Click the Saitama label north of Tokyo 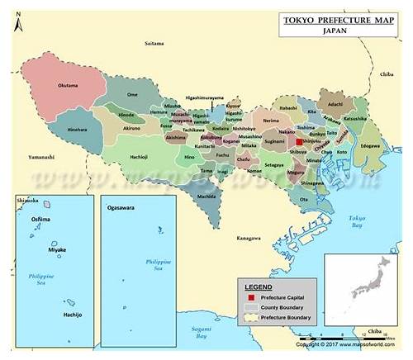tap(154, 42)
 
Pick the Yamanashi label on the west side tap(40, 155)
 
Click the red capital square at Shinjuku tap(298, 142)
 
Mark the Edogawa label tap(370, 147)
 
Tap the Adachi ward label tap(334, 105)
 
